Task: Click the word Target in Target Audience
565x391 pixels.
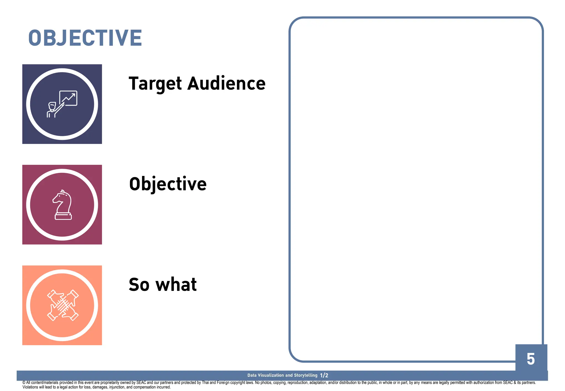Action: point(155,84)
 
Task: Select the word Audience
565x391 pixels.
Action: point(226,84)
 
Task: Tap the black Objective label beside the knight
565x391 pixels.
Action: point(168,184)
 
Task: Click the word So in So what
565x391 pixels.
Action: point(139,285)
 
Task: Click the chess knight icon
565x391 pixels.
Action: point(63,205)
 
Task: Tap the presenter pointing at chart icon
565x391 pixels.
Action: point(62,104)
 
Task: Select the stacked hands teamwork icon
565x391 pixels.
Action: point(63,305)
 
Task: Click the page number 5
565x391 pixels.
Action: point(531,359)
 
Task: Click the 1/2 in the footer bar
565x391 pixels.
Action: point(324,375)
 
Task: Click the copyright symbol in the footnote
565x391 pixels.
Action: point(24,383)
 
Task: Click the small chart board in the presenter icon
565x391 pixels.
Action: point(68,98)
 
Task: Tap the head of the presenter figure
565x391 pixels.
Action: point(52,106)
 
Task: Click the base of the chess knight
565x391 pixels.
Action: point(63,216)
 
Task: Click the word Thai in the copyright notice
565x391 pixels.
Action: point(205,383)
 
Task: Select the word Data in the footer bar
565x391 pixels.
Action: point(252,375)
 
